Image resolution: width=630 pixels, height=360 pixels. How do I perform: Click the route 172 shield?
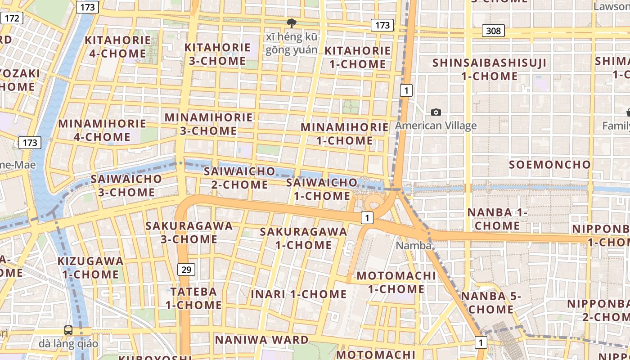pos(12,18)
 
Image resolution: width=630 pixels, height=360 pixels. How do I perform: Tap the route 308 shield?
pos(493,31)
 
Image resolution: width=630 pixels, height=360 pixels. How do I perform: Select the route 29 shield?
pos(186,270)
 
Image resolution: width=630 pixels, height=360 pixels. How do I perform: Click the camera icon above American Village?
pos(436,112)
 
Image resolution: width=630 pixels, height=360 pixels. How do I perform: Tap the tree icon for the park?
pos(291,22)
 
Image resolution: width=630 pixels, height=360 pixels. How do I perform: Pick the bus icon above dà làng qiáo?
pos(68,330)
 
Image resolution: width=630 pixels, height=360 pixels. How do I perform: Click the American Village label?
pos(436,126)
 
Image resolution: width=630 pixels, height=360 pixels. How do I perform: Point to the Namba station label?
pos(414,246)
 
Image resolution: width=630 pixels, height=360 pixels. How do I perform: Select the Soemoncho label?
pos(549,165)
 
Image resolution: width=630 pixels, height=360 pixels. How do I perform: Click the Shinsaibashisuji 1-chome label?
pos(490,69)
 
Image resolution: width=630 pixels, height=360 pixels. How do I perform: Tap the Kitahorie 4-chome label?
pos(118,46)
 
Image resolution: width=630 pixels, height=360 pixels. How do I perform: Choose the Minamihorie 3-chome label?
pos(209,124)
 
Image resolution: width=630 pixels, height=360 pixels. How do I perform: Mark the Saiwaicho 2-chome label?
pos(239,178)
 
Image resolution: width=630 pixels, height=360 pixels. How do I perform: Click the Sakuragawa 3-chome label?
pos(189,232)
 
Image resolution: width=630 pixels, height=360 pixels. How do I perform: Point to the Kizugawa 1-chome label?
pos(90,267)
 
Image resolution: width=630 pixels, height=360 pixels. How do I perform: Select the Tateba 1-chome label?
pos(193,298)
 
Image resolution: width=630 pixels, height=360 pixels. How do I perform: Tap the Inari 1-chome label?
pos(299,294)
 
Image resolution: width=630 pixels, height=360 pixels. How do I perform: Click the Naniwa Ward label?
pos(261,340)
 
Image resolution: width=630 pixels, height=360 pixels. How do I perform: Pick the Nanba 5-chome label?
pos(491,302)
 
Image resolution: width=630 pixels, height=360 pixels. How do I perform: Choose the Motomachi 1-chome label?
pos(396,282)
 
